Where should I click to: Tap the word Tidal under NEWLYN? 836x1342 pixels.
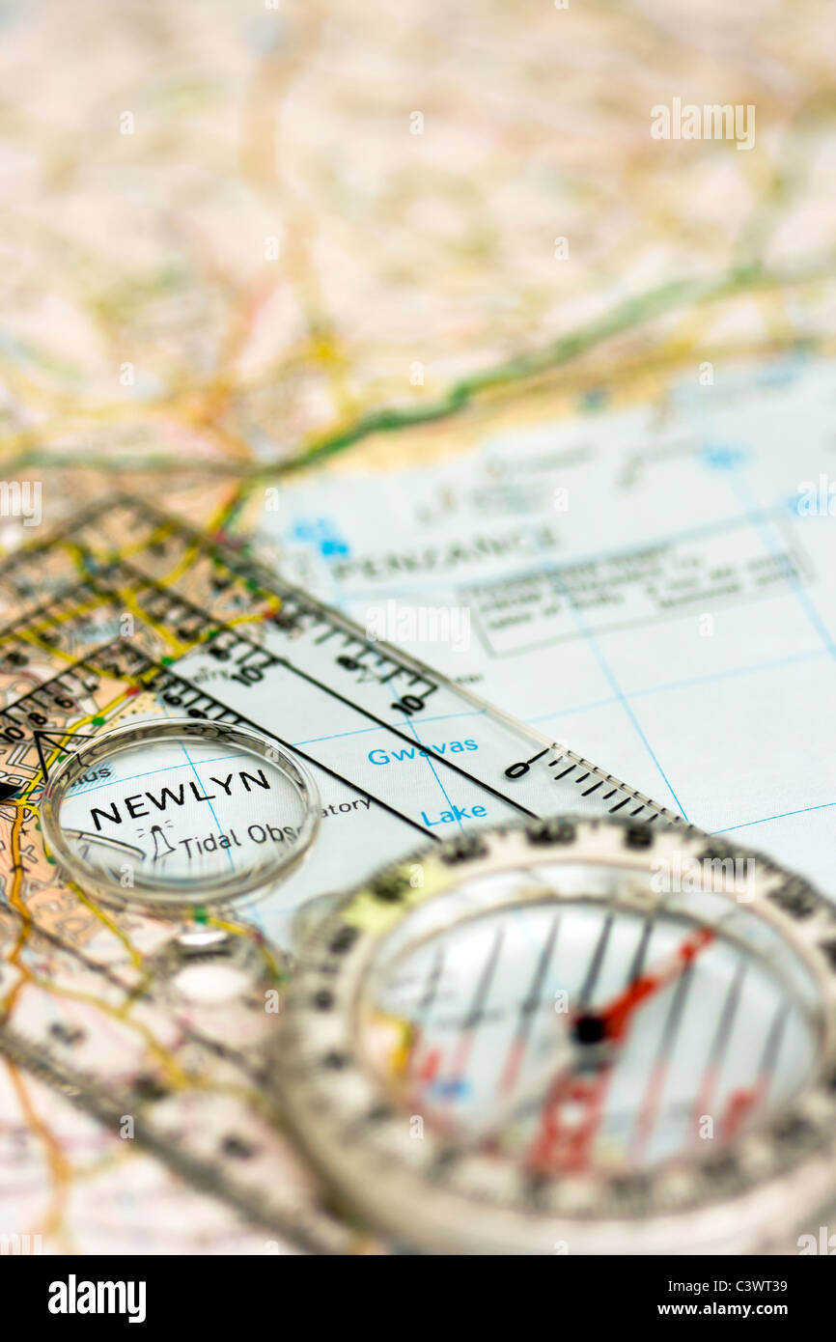[209, 842]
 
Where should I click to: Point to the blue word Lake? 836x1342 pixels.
[453, 815]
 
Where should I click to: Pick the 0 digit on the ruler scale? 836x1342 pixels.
[516, 769]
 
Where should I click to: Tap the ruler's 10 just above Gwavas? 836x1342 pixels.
[413, 701]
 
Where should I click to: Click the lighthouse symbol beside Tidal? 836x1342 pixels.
[160, 844]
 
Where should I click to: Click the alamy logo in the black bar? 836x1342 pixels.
[97, 1299]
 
